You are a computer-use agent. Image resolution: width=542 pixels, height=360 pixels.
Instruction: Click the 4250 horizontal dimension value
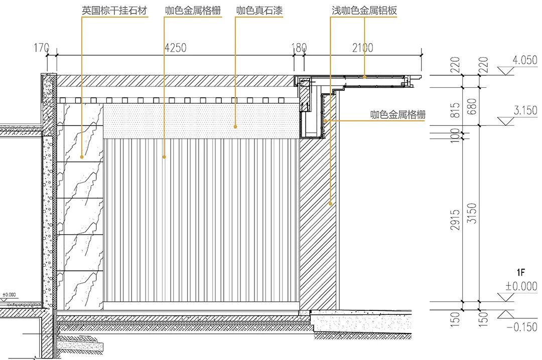point(175,48)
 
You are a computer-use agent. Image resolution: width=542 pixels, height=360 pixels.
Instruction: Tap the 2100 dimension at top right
point(362,48)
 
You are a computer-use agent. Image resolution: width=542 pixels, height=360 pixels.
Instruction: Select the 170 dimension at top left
point(42,48)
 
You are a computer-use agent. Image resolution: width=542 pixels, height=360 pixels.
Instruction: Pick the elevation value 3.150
point(525,110)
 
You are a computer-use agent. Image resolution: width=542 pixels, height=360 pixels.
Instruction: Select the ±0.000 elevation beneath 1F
point(522,287)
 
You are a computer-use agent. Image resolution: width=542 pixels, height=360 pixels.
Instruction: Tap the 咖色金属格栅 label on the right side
point(398,115)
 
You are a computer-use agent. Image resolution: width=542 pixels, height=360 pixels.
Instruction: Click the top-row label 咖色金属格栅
point(193,10)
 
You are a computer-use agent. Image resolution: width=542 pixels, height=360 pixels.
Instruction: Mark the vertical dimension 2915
point(456,219)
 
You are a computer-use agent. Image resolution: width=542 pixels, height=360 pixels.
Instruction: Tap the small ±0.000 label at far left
point(9,295)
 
